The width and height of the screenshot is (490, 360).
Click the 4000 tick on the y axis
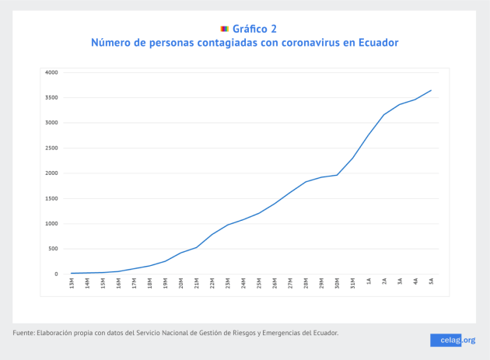51,72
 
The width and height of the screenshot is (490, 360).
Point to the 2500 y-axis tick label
51,148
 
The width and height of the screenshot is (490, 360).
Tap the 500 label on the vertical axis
53,249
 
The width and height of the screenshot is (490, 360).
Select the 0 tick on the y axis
56,274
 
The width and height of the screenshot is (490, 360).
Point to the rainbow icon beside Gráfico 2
224,29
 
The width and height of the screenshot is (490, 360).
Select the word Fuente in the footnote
24,333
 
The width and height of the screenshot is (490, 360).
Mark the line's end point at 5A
431,90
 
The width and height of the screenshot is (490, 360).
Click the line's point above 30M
337,175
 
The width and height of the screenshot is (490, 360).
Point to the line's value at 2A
384,115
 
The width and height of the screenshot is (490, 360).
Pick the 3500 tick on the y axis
51,97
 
